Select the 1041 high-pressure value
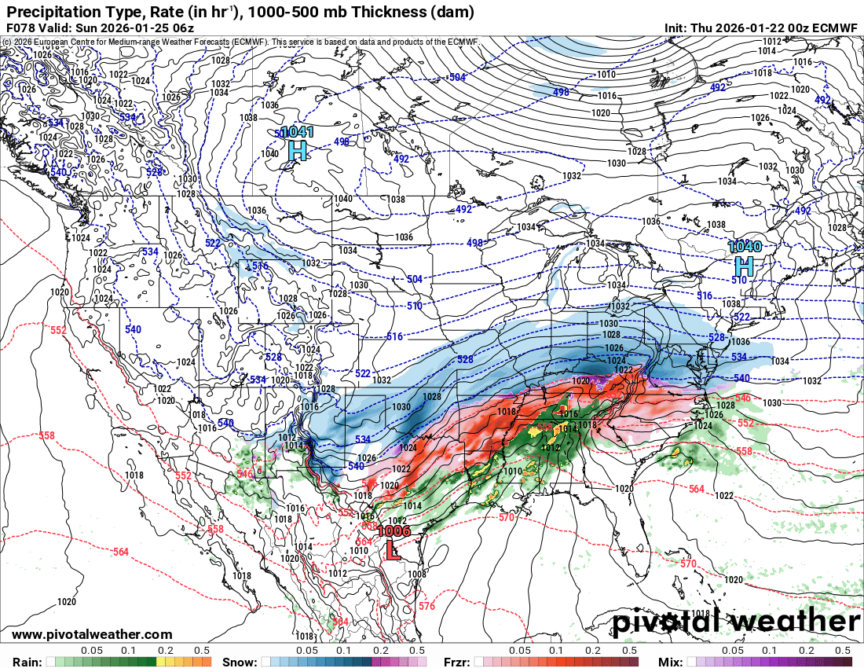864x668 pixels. tap(297, 132)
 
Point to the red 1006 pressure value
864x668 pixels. tap(394, 531)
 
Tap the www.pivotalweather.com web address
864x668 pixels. tap(92, 634)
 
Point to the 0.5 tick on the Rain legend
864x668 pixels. tap(202, 651)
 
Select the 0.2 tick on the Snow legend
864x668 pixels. tap(381, 651)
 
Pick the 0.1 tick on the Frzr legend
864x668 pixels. tap(556, 651)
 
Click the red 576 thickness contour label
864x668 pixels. tap(426, 606)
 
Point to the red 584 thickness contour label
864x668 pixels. tap(339, 622)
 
